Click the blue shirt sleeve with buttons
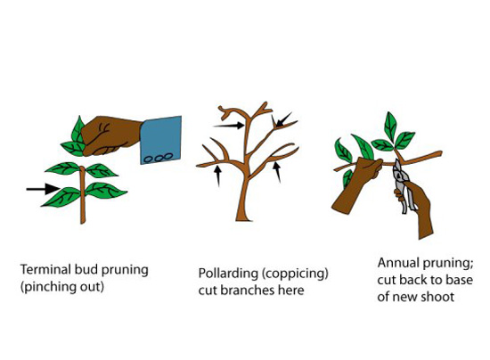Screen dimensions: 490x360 [x=161, y=140]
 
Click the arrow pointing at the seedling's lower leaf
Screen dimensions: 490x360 [x=43, y=189]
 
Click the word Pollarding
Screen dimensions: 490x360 [x=228, y=274]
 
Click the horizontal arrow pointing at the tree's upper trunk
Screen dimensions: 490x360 [x=228, y=126]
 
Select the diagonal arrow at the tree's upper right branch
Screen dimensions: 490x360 [x=283, y=119]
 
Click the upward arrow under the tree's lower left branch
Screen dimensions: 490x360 [x=218, y=176]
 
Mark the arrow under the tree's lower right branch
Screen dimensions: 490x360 [x=277, y=172]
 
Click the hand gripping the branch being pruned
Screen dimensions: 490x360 [x=356, y=186]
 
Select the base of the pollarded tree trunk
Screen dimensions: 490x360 [x=244, y=218]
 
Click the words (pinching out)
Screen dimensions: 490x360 [x=62, y=287]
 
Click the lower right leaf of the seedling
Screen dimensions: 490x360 [x=106, y=190]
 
